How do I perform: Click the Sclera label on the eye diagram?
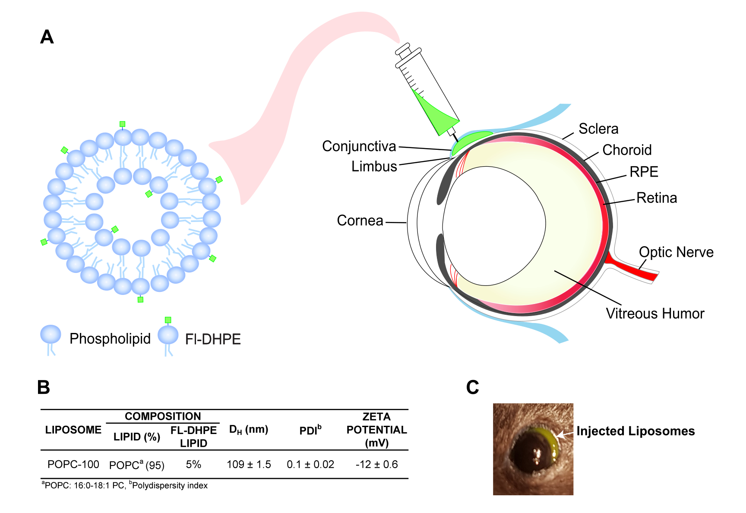[x=598, y=129]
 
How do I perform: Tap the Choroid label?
[x=627, y=150]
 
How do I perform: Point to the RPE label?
[x=644, y=172]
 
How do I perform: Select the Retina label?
[x=657, y=198]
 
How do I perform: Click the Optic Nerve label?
[x=676, y=252]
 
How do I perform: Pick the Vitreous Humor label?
[x=655, y=313]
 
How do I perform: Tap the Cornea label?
[x=360, y=221]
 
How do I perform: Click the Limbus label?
[x=374, y=166]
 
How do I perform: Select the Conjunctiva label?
[x=359, y=146]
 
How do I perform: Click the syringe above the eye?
[x=427, y=91]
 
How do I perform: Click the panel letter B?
[x=44, y=387]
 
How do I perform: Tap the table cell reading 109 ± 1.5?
[x=249, y=465]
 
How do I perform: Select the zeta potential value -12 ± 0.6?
[x=376, y=465]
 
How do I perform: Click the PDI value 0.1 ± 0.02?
[x=310, y=465]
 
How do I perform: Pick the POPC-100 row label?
[x=73, y=465]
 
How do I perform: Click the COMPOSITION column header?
[x=163, y=416]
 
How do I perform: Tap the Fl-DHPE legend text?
[x=213, y=339]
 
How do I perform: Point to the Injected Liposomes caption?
[x=635, y=431]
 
